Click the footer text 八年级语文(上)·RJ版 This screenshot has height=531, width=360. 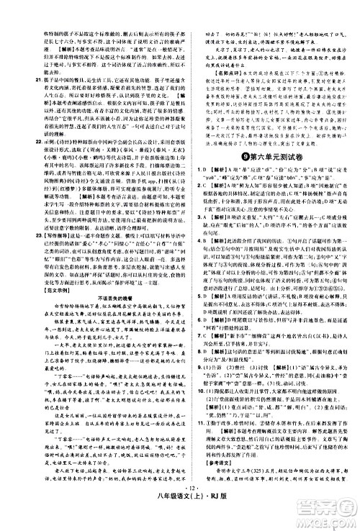[180, 520]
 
